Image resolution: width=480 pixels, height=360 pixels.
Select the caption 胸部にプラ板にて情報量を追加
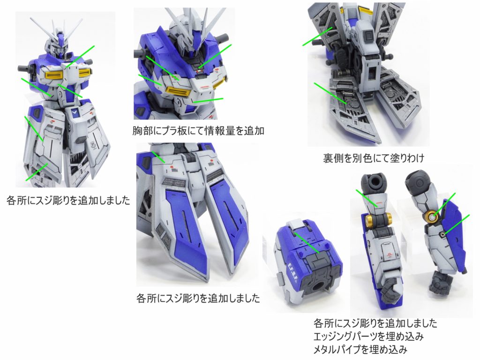(199, 131)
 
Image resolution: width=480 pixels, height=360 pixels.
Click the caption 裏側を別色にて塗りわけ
(373, 158)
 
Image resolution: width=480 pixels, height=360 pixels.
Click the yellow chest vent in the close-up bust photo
(179, 92)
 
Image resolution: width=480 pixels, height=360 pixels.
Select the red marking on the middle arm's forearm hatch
(389, 255)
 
